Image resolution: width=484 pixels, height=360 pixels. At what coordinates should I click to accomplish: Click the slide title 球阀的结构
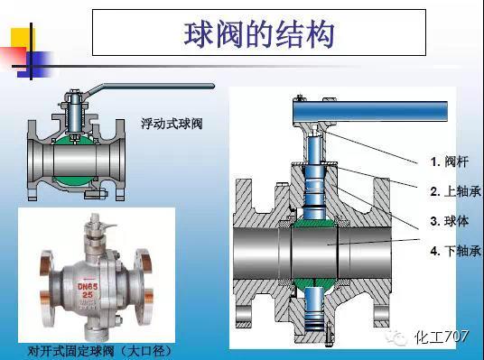259,33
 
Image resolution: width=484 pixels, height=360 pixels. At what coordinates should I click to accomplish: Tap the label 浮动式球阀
171,123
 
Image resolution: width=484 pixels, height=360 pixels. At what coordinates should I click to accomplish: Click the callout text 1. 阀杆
448,162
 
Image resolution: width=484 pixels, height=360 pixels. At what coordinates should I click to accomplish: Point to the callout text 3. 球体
448,220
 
